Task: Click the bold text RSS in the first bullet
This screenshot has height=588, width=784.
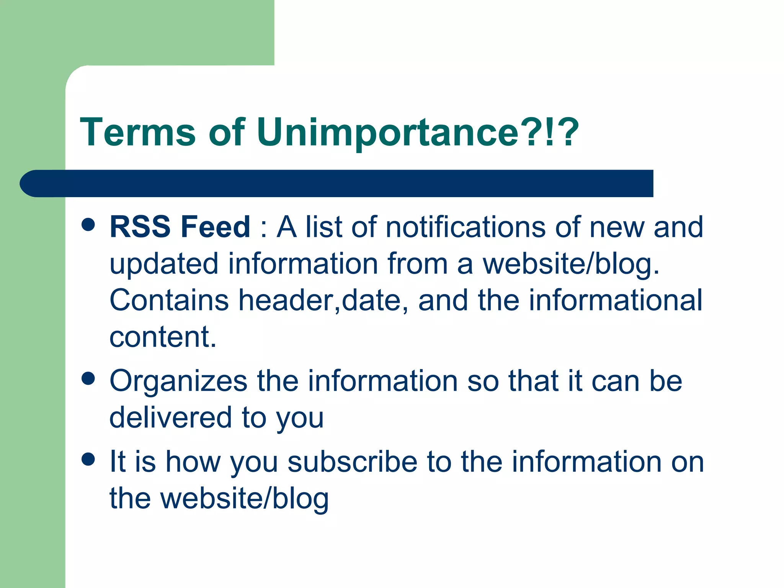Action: pos(140,227)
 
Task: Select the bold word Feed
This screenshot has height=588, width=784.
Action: pos(215,227)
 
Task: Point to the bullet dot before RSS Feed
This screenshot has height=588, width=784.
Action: pos(88,225)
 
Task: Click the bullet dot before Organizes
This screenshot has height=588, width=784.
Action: pos(88,379)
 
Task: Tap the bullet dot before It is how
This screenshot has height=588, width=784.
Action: pos(88,459)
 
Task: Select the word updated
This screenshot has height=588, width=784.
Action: pos(164,264)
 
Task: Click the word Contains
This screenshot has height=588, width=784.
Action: pos(169,300)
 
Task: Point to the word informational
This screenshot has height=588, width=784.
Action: pos(616,300)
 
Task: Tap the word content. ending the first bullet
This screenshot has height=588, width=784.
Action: pos(163,337)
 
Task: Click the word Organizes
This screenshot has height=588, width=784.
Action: pos(178,381)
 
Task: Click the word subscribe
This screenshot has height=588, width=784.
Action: pos(352,462)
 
